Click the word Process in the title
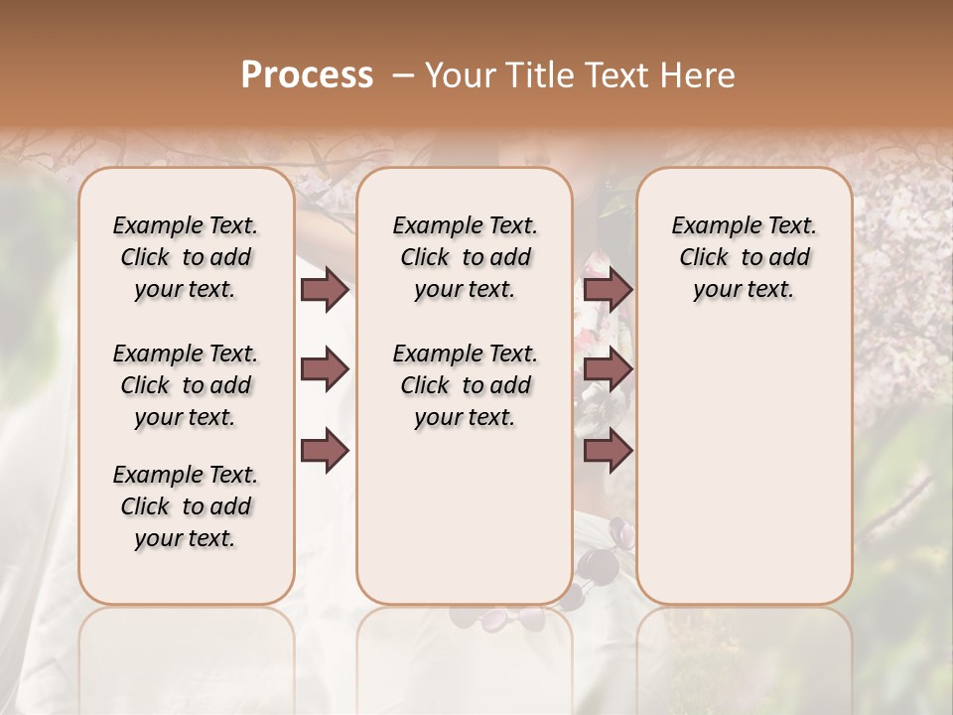point(307,75)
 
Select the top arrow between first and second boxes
point(324,289)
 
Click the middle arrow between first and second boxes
point(324,369)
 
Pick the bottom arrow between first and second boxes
point(324,450)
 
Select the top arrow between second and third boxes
point(608,289)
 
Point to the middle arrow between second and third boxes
point(608,369)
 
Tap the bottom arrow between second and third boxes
point(608,450)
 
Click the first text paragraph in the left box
point(186,257)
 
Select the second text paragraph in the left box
point(186,385)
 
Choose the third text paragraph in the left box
point(186,506)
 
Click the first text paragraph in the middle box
point(465,257)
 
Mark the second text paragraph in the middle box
point(465,385)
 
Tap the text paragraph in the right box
point(745,257)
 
